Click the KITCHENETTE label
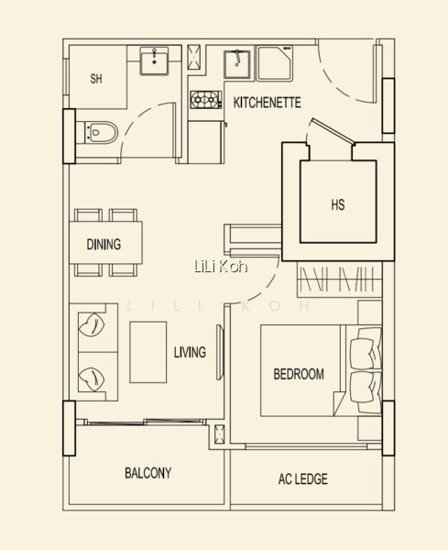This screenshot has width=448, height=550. (268, 103)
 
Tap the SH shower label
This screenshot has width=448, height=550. (96, 79)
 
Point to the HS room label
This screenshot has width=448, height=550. (338, 204)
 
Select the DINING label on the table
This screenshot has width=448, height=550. (104, 244)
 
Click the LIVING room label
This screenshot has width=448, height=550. (190, 352)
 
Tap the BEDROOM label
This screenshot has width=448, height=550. (299, 374)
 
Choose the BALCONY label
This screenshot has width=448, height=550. (148, 473)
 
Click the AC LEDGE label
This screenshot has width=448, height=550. (303, 478)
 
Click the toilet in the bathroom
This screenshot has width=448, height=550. (97, 132)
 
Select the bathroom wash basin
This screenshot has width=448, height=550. (154, 61)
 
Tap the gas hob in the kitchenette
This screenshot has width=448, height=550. (206, 100)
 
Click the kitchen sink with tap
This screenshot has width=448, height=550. (237, 64)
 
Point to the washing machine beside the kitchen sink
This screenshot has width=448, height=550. (274, 63)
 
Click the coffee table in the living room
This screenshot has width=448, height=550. (148, 352)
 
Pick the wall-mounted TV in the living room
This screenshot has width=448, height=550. (220, 352)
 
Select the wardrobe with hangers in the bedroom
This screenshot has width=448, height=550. (339, 280)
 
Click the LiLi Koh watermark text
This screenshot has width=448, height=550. (221, 267)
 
